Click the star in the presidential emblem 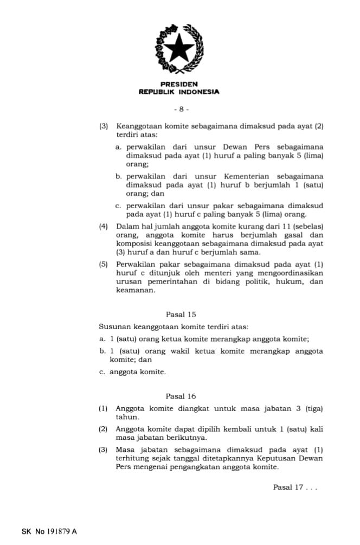click(179, 48)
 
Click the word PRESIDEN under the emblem click(179, 84)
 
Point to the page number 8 click(181, 109)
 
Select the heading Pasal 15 click(181, 314)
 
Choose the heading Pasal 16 click(181, 396)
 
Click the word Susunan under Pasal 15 click(114, 327)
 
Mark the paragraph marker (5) click(103, 264)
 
